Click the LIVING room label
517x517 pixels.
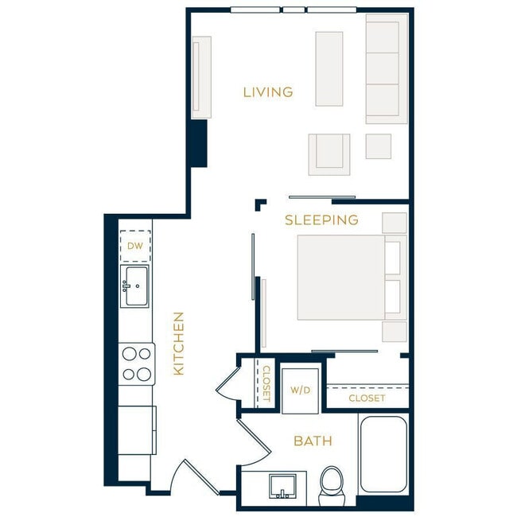(268, 92)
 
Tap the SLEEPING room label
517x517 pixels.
(321, 220)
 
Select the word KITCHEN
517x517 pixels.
(179, 344)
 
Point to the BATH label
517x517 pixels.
(313, 441)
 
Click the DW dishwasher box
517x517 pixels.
(135, 246)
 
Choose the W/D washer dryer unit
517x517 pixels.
(300, 391)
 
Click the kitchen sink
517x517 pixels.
(135, 286)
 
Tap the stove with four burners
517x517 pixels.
(136, 363)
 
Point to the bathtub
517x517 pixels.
(383, 454)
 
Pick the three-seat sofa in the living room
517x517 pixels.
(386, 68)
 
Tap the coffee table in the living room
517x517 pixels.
(328, 68)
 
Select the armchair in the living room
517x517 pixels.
(329, 154)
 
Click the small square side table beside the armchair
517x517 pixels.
(378, 146)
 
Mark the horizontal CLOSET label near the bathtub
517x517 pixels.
(367, 398)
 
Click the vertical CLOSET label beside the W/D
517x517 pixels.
(266, 383)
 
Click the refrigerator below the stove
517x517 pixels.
(136, 430)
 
